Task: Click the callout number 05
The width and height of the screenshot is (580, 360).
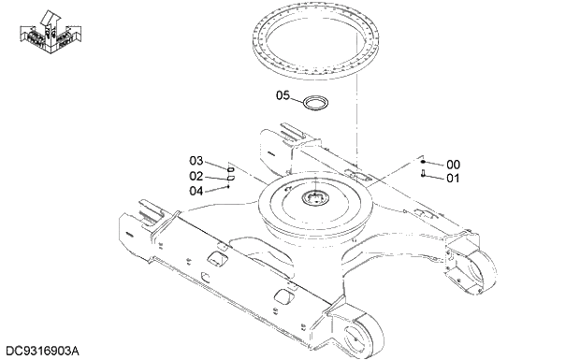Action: [283, 95]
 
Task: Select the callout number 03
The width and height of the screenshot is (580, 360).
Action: [196, 161]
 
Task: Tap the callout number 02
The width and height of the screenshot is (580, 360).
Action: [196, 176]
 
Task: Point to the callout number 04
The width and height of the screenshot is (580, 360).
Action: [196, 191]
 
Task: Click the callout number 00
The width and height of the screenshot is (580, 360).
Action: [453, 165]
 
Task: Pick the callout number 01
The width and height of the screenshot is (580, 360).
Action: [453, 178]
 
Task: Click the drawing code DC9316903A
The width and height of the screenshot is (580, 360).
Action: [42, 351]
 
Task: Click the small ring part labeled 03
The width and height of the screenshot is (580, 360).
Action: [230, 167]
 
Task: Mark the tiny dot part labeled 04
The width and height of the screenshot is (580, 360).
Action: [228, 186]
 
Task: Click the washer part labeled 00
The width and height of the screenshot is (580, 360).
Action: [425, 162]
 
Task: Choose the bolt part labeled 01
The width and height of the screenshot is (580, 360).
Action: [425, 175]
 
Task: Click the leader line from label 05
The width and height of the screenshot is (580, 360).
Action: [297, 96]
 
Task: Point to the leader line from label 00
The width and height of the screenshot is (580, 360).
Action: [436, 164]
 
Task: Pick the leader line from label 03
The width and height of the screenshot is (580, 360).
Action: [212, 164]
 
